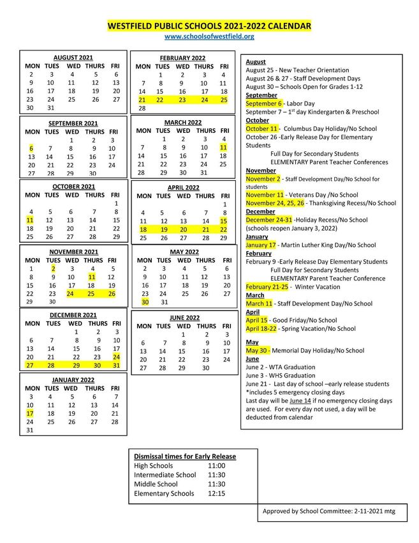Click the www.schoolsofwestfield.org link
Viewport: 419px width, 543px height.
point(209,37)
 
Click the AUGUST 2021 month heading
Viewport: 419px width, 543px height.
point(73,57)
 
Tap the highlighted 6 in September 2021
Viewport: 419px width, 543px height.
point(31,148)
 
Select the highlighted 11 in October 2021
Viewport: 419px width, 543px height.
point(30,220)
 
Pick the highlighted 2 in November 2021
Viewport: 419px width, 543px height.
point(54,269)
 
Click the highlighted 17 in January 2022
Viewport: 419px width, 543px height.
point(29,413)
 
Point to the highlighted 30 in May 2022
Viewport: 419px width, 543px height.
point(145,302)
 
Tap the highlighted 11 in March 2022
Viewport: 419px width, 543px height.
point(223,148)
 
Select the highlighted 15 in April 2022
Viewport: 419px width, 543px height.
point(223,221)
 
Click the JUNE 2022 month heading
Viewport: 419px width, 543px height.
point(184,317)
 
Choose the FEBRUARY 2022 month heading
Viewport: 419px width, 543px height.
point(182,58)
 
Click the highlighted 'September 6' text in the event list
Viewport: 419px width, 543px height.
point(263,103)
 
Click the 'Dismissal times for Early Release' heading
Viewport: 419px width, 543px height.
point(185,456)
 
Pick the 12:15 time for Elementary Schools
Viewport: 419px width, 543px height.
point(216,493)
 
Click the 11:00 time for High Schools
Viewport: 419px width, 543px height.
point(216,466)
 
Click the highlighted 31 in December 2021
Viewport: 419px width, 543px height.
point(115,365)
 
